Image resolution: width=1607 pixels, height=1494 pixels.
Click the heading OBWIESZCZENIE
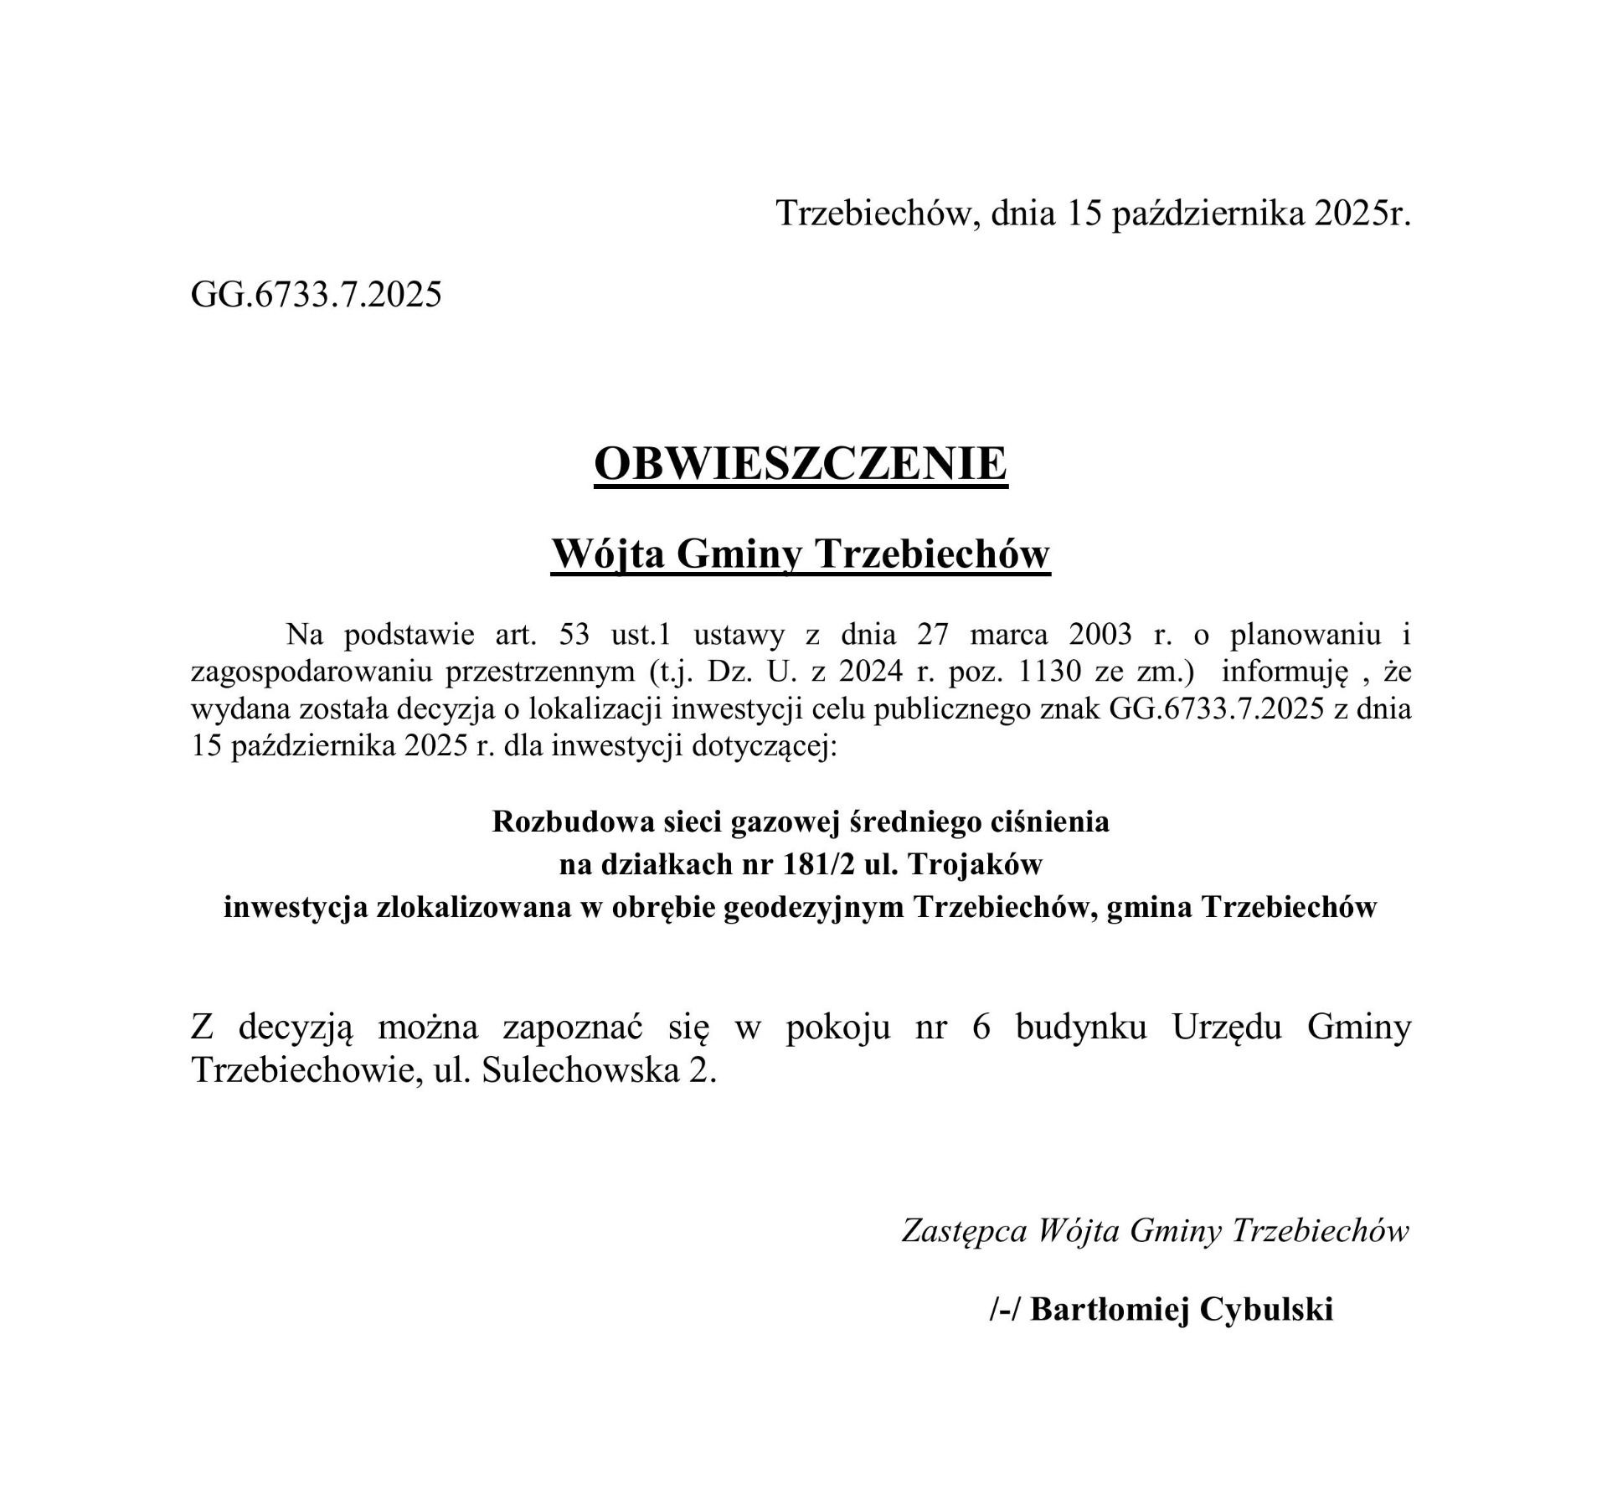[x=801, y=463]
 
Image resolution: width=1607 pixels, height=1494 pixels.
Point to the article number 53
[x=574, y=635]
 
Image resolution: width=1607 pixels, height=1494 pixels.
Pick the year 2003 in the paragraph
[x=1100, y=635]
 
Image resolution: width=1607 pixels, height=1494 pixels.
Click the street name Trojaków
[x=976, y=864]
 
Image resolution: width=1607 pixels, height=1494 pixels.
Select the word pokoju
[x=837, y=1028]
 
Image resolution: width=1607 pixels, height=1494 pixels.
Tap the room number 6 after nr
[x=982, y=1028]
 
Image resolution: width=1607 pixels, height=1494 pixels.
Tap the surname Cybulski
[x=1265, y=1309]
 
